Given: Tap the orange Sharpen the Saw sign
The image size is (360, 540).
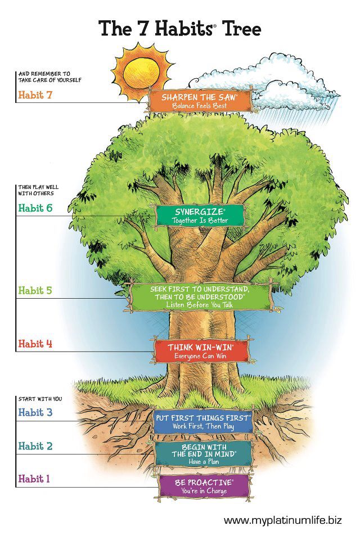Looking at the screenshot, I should pyautogui.click(x=199, y=101).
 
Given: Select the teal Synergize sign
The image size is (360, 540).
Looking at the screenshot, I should pyautogui.click(x=201, y=215).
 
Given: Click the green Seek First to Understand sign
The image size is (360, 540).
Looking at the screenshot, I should pyautogui.click(x=200, y=296).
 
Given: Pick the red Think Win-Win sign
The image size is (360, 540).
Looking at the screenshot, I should pyautogui.click(x=200, y=351).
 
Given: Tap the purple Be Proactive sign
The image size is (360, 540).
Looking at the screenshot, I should pyautogui.click(x=204, y=487).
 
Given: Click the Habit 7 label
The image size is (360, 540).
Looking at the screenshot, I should pyautogui.click(x=35, y=94).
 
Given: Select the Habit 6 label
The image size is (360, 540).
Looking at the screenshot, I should pyautogui.click(x=35, y=208).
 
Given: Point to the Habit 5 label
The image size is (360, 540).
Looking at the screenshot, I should pyautogui.click(x=35, y=291).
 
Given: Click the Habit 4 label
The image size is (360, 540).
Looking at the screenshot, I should pyautogui.click(x=35, y=344).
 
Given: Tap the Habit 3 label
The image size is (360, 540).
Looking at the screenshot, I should pyautogui.click(x=35, y=412).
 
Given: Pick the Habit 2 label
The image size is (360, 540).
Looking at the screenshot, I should pyautogui.click(x=35, y=446).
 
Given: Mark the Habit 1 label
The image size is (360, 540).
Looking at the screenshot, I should pyautogui.click(x=34, y=479).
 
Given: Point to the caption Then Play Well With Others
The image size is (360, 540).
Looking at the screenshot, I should pyautogui.click(x=38, y=190).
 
